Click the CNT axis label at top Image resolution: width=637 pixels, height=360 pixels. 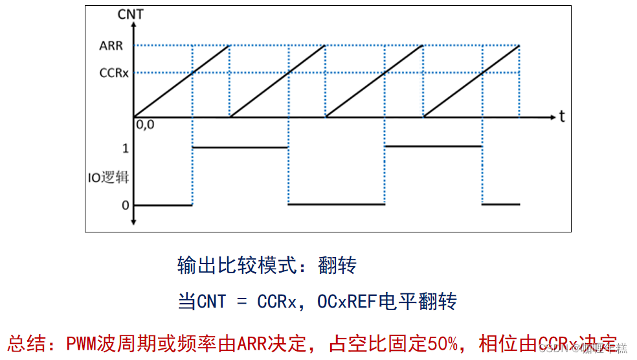[132, 14]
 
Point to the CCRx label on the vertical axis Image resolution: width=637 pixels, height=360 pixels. [113, 73]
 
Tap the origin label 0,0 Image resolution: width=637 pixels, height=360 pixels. [144, 125]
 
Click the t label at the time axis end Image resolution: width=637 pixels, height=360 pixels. [563, 117]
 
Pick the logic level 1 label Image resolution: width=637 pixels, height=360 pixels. [126, 148]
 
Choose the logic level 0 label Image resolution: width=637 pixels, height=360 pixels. [126, 205]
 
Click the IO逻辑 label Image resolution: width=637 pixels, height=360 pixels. [109, 177]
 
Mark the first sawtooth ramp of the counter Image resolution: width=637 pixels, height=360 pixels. [182, 81]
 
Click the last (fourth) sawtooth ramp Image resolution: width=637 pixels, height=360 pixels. [472, 81]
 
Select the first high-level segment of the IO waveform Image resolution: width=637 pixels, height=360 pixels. [240, 147]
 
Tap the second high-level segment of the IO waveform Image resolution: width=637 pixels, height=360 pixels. [433, 146]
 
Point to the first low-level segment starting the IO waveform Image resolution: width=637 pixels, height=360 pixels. [162, 205]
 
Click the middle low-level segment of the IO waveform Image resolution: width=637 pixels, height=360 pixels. [336, 205]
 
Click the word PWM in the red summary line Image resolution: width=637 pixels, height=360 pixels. [82, 341]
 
